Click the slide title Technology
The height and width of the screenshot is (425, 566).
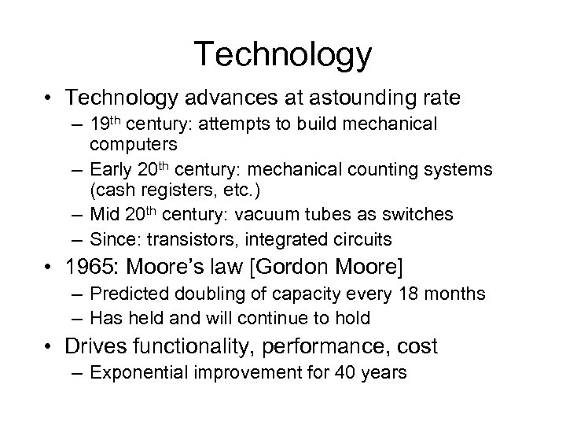(x=283, y=54)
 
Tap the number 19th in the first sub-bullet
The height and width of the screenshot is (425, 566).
(x=109, y=124)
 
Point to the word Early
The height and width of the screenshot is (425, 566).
(x=112, y=169)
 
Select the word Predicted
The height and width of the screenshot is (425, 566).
(x=126, y=294)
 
